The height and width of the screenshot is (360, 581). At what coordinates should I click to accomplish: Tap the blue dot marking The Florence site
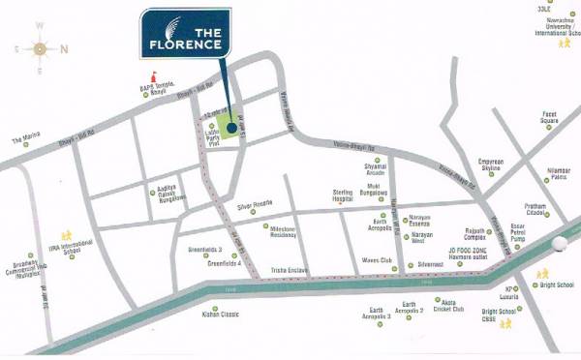230,126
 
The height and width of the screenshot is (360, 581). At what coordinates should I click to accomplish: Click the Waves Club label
377,260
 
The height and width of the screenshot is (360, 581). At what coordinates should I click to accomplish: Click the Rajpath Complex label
478,235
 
